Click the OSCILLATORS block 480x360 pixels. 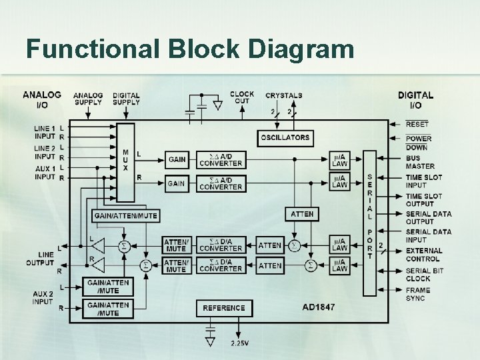285,137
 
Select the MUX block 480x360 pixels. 125,161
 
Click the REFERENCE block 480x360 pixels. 224,308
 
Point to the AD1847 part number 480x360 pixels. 318,307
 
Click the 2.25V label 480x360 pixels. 241,343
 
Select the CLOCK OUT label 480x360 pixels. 241,97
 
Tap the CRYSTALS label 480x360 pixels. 283,95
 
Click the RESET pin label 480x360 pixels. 417,124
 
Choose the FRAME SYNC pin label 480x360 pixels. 419,294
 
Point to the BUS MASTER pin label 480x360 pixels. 420,162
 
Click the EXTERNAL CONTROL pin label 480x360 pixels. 424,255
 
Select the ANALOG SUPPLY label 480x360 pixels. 88,99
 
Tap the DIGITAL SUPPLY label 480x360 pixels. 126,99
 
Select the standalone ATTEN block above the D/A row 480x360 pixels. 302,214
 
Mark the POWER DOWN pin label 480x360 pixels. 419,143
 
